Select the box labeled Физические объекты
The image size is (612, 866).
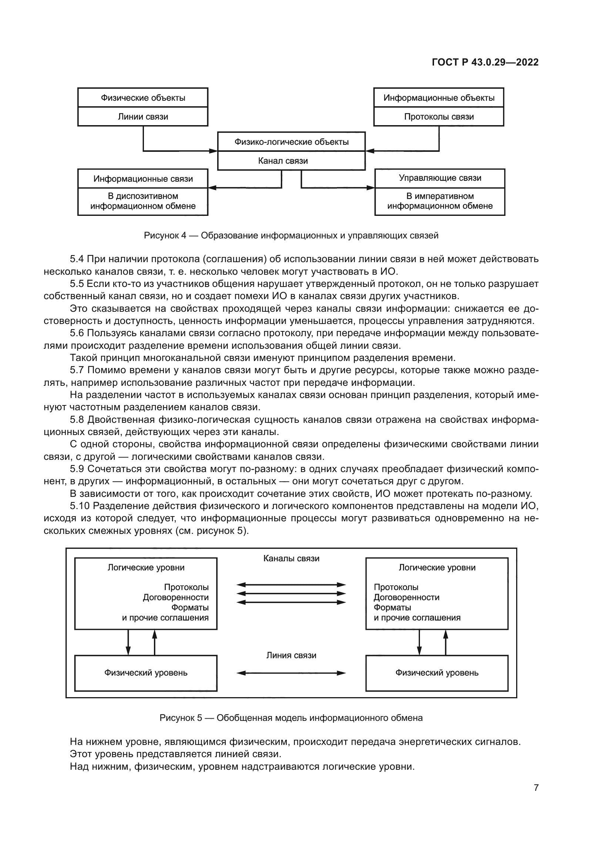point(143,98)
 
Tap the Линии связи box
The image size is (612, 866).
point(143,117)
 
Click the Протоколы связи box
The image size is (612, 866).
point(439,117)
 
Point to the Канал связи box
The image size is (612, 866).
point(283,161)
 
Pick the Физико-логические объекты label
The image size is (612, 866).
point(291,142)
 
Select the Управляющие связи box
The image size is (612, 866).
point(440,178)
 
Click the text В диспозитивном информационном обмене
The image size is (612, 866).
point(143,201)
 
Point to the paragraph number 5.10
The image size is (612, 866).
point(80,506)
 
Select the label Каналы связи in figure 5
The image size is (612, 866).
point(291,559)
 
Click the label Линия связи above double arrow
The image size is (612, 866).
point(291,656)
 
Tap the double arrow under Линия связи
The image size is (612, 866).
point(291,673)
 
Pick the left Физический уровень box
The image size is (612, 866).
point(146,673)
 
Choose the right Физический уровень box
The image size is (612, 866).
point(437,673)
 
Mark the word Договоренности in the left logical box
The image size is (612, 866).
point(176,598)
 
